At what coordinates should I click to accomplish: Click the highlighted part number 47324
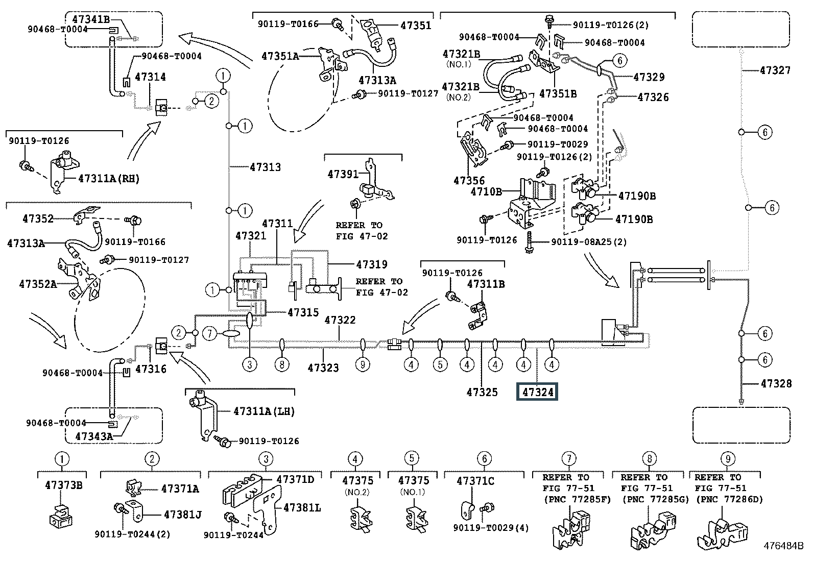(537, 393)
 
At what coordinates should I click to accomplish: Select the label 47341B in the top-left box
(91, 20)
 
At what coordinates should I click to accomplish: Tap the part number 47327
(775, 70)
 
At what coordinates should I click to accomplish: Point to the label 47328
(776, 383)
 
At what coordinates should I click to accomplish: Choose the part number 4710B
(486, 191)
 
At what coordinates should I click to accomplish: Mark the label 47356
(469, 180)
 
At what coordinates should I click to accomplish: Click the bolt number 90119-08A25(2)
(589, 241)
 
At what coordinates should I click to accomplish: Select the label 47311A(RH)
(108, 179)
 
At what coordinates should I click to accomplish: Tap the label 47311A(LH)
(264, 411)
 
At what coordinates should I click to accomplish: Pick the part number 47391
(343, 174)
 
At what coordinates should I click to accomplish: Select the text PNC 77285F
(577, 499)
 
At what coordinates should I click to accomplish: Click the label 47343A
(93, 436)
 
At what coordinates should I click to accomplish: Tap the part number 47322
(340, 320)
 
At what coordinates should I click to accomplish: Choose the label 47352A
(38, 284)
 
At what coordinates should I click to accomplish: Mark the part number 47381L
(302, 508)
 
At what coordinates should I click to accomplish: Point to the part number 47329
(649, 77)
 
